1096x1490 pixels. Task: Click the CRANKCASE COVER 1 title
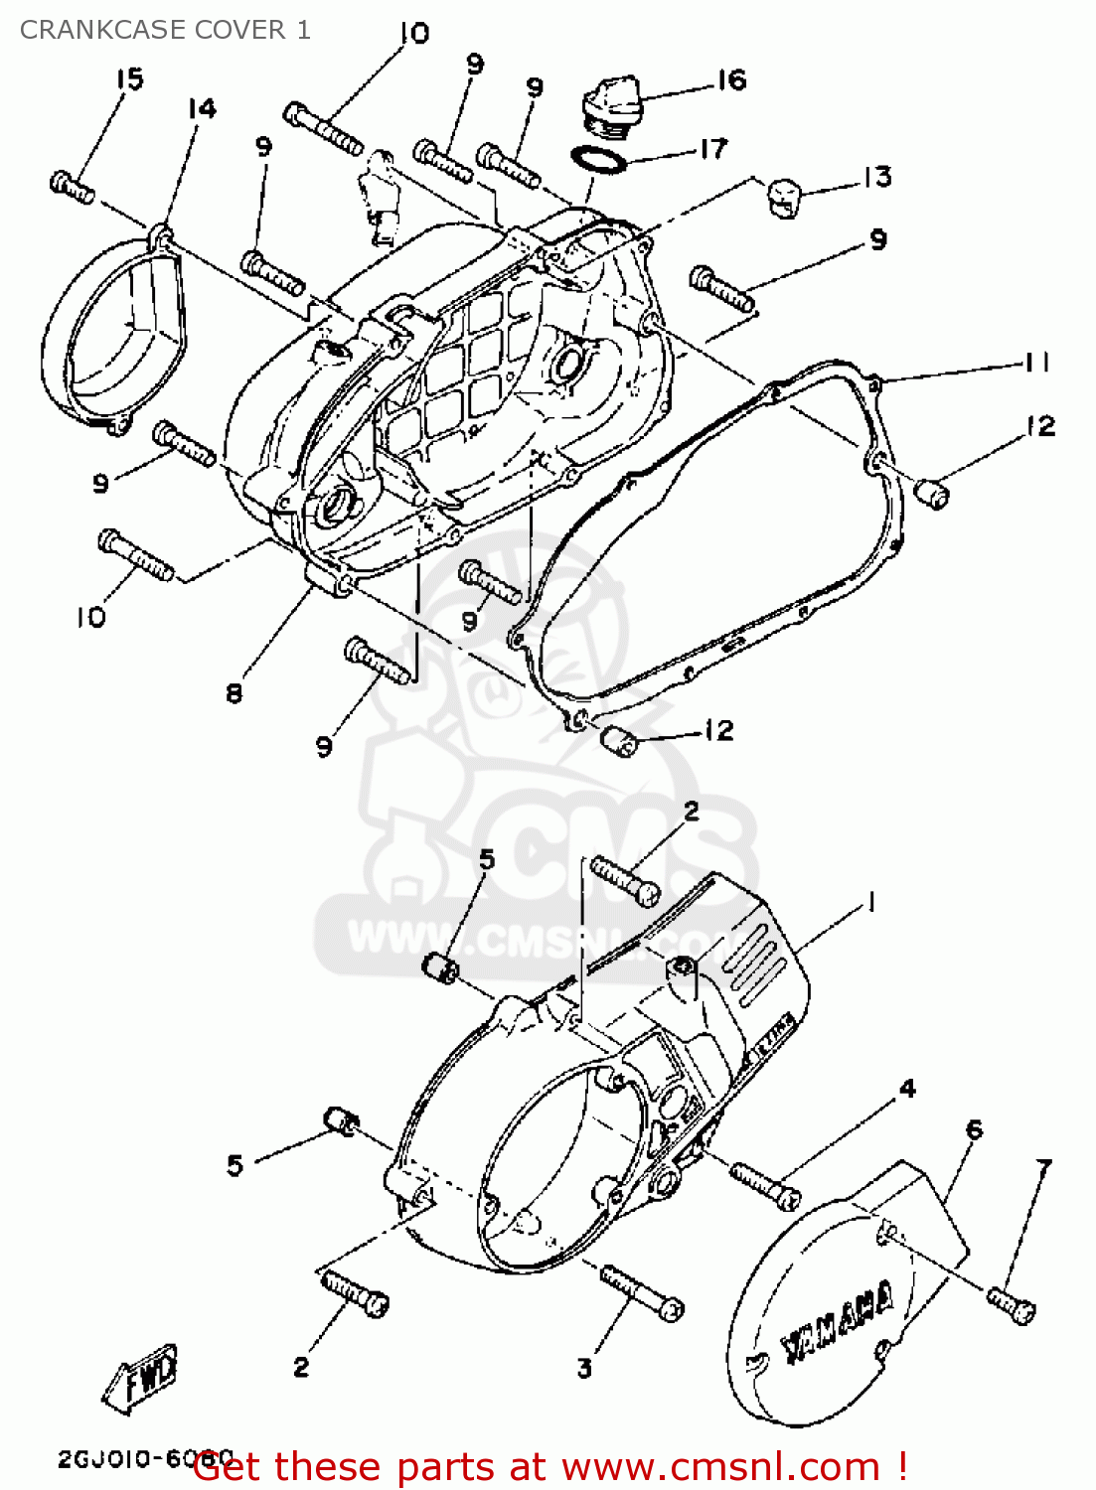(165, 30)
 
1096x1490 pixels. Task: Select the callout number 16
(731, 79)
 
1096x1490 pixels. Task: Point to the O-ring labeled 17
(599, 159)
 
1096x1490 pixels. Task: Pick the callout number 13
(876, 177)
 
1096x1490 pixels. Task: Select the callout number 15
(130, 78)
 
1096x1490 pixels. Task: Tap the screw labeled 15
(72, 186)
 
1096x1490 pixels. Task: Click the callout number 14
(202, 108)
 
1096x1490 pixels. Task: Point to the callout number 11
(1037, 363)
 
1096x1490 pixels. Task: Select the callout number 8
(234, 692)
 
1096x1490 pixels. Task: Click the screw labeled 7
(1012, 1304)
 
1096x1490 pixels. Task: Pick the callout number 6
(975, 1129)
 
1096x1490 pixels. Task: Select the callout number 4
(907, 1089)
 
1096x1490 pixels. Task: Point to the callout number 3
(584, 1368)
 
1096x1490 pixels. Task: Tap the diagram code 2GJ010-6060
(144, 1458)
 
